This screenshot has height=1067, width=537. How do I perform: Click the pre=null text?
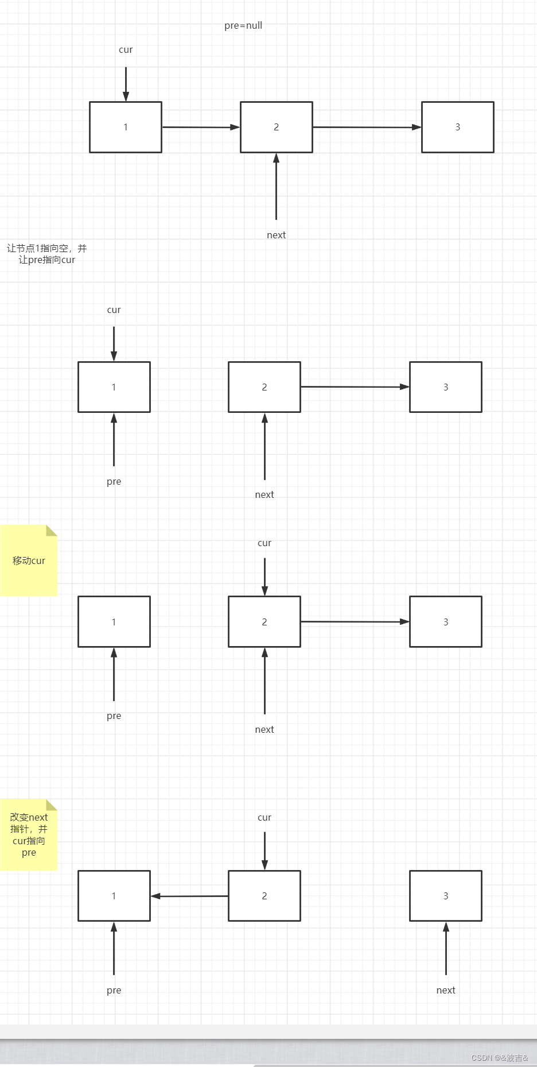[x=243, y=25]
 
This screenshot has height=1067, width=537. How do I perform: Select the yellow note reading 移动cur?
[x=29, y=561]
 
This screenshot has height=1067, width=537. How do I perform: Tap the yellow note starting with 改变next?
[x=29, y=835]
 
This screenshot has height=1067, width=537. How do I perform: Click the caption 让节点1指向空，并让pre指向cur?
[x=46, y=254]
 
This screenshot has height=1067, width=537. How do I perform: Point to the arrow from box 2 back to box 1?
[x=189, y=896]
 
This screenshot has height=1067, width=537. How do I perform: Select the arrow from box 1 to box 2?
[x=201, y=127]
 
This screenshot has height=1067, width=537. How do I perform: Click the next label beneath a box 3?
[x=446, y=990]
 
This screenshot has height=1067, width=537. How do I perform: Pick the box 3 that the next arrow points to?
[x=446, y=896]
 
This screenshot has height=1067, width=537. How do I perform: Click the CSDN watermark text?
[x=499, y=1058]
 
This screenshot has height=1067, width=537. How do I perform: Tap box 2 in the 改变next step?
[x=264, y=896]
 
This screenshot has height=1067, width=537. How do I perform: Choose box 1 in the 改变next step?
[x=114, y=896]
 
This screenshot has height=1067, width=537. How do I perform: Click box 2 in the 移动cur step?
[x=264, y=622]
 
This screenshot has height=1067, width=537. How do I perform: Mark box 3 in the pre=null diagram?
[x=458, y=127]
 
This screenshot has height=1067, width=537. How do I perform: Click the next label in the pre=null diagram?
[x=276, y=235]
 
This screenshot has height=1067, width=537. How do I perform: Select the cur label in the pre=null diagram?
[x=126, y=50]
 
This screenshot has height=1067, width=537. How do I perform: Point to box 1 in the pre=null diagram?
[x=126, y=127]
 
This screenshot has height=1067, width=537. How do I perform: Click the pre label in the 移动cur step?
[x=114, y=716]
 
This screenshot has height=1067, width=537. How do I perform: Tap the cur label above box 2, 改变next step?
[x=264, y=817]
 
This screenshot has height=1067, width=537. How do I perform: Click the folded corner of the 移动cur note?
[x=52, y=530]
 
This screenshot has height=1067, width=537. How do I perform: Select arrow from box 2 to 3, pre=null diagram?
[x=367, y=127]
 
